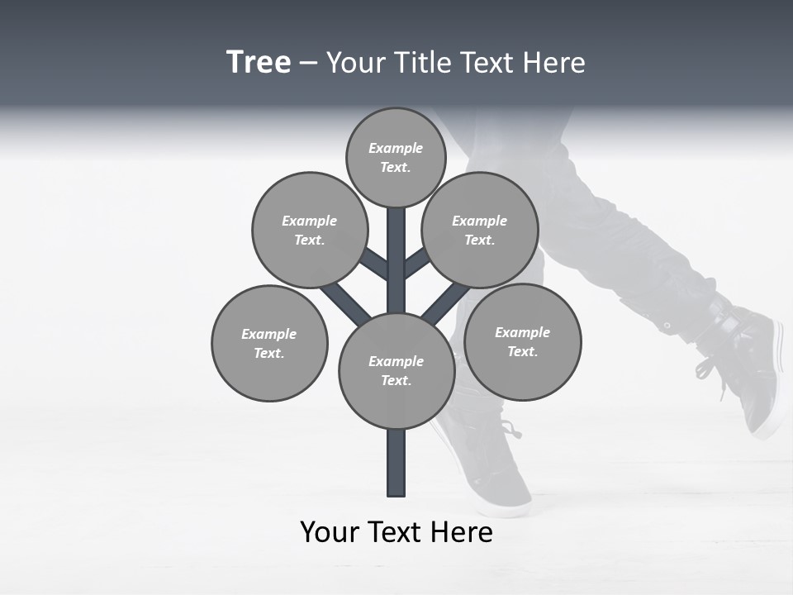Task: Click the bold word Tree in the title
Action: (259, 63)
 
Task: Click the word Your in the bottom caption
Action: (330, 533)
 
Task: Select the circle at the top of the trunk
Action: (396, 157)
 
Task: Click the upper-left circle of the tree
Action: (309, 230)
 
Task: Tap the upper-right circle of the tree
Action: (479, 230)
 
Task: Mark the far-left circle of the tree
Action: (269, 343)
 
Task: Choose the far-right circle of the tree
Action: (522, 341)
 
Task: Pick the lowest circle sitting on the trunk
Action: (396, 370)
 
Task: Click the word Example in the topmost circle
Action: (396, 148)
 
